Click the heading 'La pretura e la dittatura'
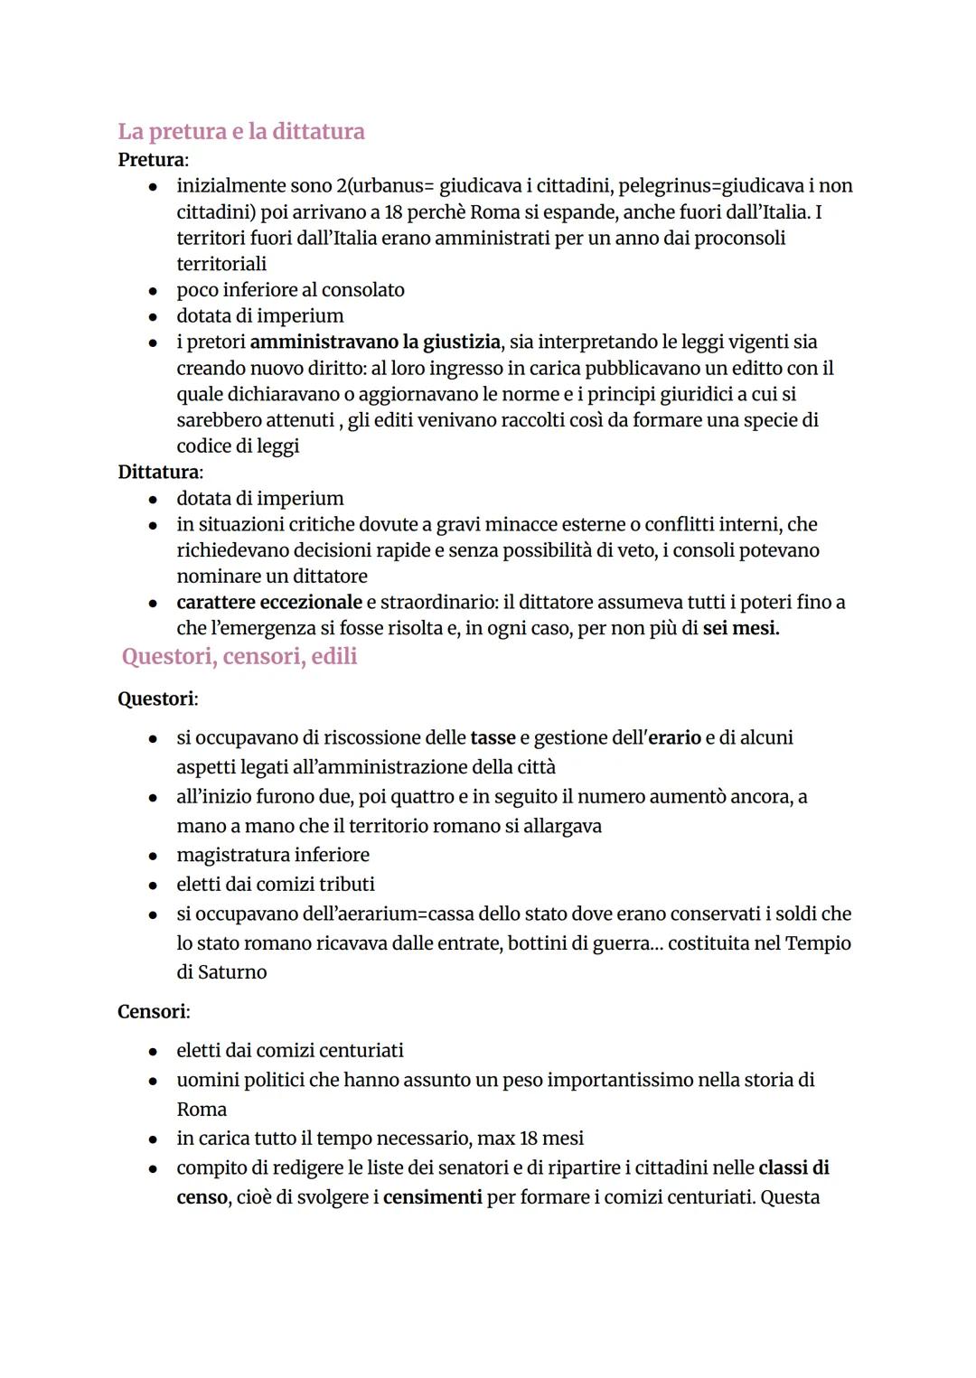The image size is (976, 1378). tap(241, 132)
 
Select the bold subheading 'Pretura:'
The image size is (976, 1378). tap(153, 160)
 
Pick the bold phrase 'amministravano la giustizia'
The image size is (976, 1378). tap(375, 342)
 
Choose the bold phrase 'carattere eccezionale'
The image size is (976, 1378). tap(268, 603)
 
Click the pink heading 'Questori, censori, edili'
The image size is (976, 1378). tap(239, 657)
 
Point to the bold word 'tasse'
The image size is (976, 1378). tap(493, 738)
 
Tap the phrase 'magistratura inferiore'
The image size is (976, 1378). tap(273, 855)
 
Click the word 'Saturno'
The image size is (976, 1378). tap(232, 972)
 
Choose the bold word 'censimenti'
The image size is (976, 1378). tap(432, 1198)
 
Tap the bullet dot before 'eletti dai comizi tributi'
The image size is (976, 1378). tap(155, 886)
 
